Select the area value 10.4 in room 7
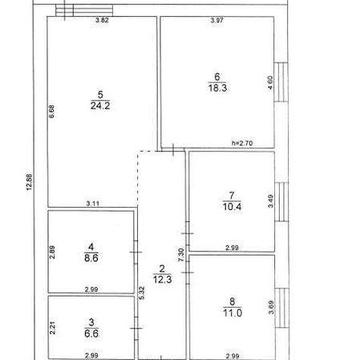pos(231,206)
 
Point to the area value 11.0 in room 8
pos(231,313)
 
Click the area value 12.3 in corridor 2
pos(161,279)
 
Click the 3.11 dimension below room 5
pos(92,204)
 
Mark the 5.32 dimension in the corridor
pos(142,293)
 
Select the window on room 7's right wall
pos(281,201)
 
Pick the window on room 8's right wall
pos(281,309)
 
